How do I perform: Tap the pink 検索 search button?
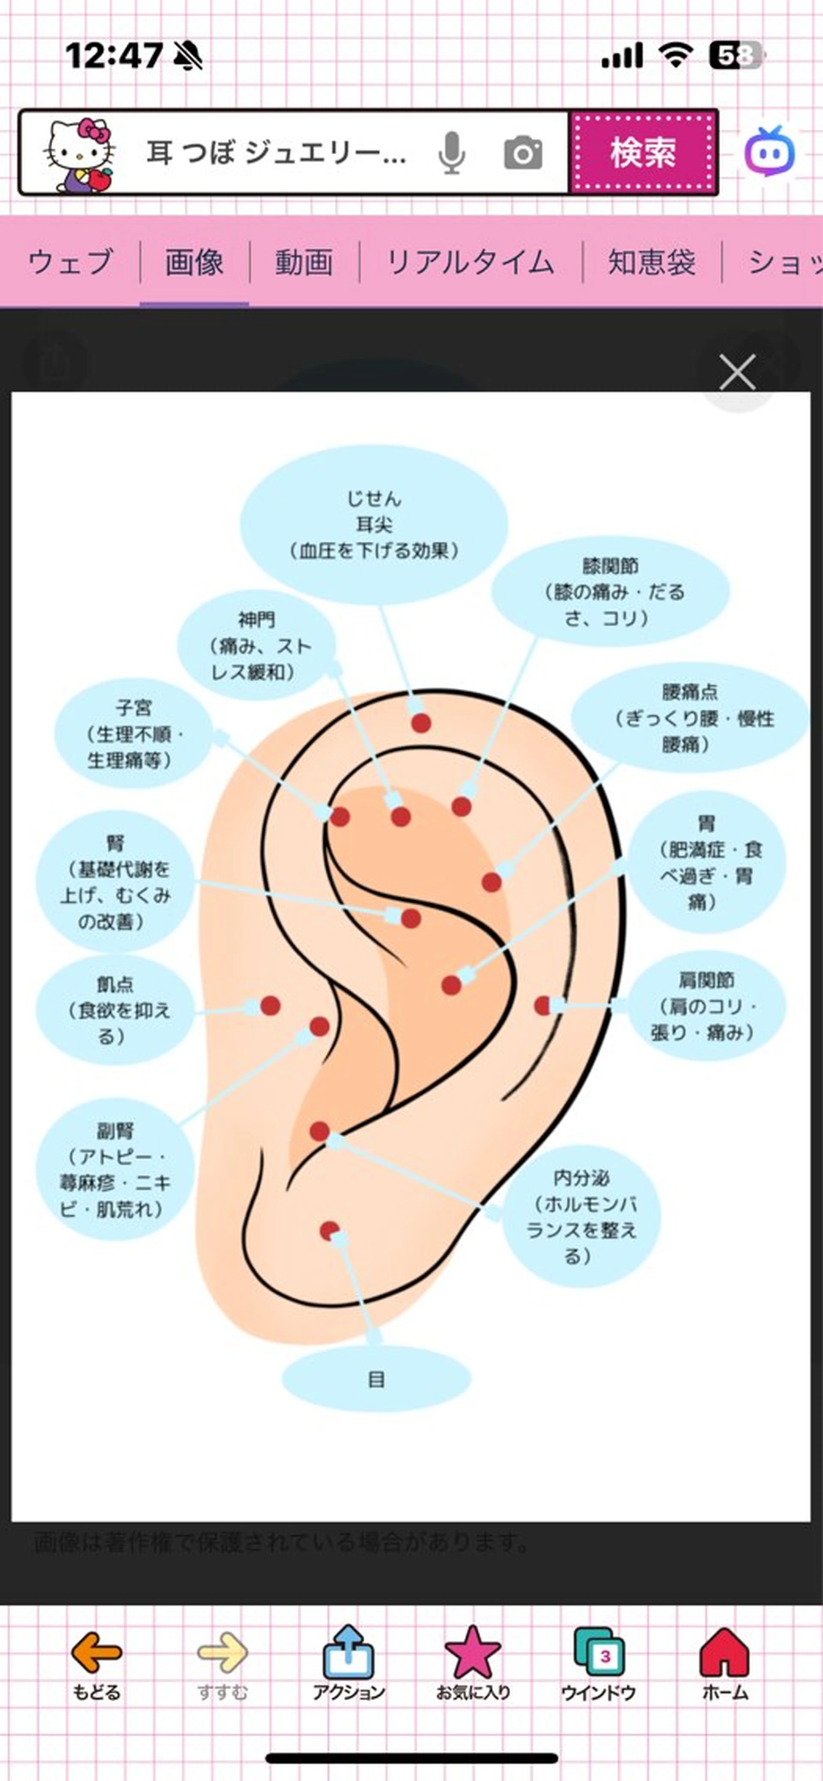click(643, 152)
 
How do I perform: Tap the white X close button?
click(737, 373)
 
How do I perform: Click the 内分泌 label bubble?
click(581, 1217)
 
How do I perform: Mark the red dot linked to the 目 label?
click(329, 1231)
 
